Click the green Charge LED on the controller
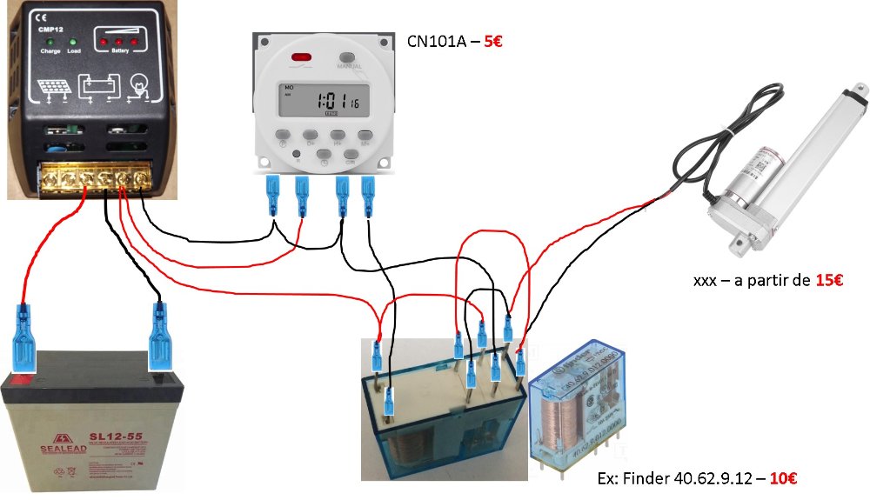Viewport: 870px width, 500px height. click(52, 42)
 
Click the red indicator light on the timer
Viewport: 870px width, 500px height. click(303, 58)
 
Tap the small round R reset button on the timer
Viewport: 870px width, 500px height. click(298, 154)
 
